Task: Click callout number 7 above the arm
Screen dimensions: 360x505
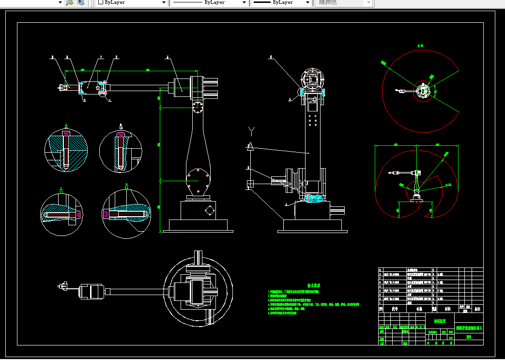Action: [x=101, y=58]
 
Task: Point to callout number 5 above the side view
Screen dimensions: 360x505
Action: [x=168, y=58]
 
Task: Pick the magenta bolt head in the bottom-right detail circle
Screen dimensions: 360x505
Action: [x=106, y=213]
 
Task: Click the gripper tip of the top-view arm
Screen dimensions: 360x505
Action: [x=61, y=287]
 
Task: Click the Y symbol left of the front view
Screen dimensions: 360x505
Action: [x=251, y=130]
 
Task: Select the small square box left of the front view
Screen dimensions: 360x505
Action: [x=250, y=184]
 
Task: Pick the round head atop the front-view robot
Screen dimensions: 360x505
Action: [x=311, y=80]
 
